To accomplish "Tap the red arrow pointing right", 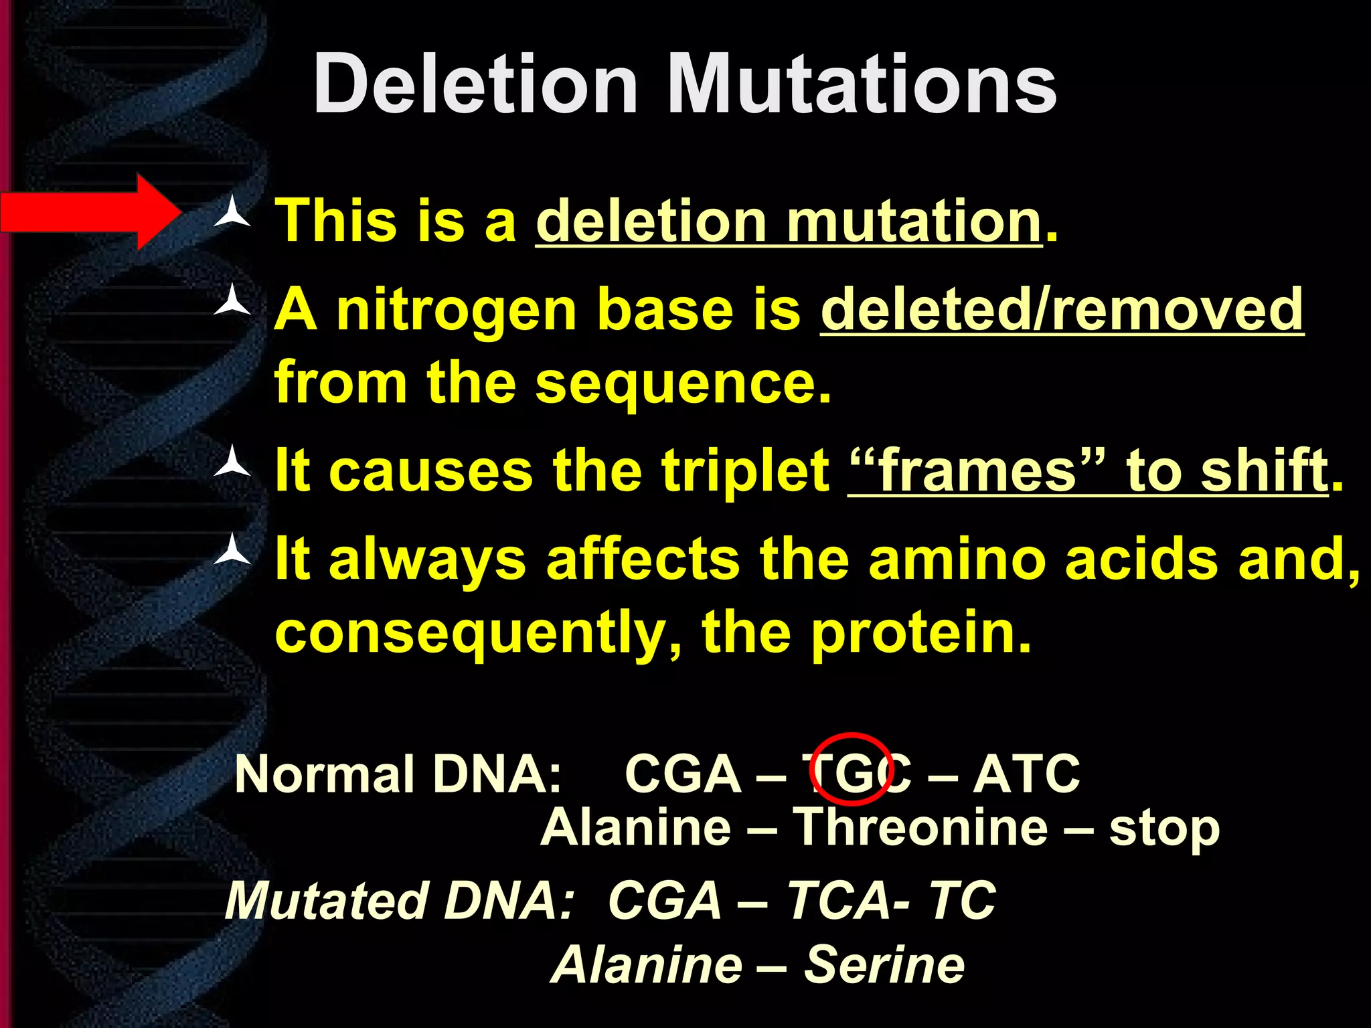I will pos(90,212).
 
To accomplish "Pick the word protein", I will pos(920,632).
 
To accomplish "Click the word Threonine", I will pos(920,828).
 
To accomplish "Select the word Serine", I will pos(884,965).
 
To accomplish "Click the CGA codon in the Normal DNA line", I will pos(682,774).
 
